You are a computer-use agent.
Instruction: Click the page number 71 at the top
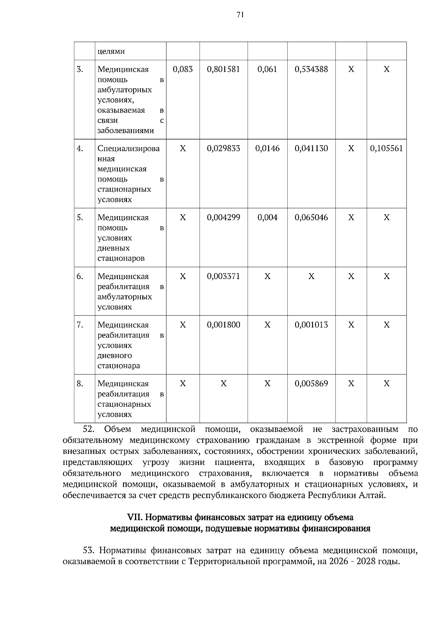coord(240,15)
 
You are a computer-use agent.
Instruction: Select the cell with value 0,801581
coord(224,69)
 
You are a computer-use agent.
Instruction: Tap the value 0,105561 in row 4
coord(386,148)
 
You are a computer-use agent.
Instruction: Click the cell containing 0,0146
coord(267,148)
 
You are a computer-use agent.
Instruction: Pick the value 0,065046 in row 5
coord(311,217)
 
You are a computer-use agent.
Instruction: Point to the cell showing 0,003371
coord(224,276)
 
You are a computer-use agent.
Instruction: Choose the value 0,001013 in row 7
coord(311,325)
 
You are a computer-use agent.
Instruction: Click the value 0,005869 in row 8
coord(311,383)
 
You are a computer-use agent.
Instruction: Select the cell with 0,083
coord(183,69)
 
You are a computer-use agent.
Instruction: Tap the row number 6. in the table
coord(80,276)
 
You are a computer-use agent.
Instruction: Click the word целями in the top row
coord(111,51)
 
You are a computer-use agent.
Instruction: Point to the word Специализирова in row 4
coord(128,148)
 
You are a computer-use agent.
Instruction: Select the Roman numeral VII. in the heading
coord(135,517)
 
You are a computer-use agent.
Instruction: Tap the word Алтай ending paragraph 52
coord(373,496)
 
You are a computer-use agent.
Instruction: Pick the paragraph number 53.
coord(90,550)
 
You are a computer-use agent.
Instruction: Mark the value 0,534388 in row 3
coord(311,69)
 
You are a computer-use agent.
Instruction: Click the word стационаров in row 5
coord(121,259)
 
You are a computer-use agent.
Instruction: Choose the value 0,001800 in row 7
coord(224,325)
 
